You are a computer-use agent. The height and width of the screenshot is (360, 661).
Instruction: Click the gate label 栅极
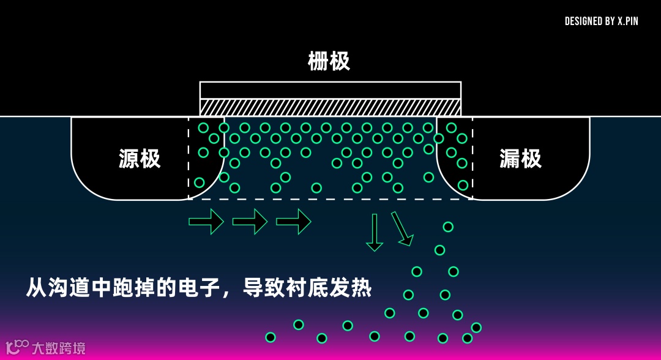coord(329,61)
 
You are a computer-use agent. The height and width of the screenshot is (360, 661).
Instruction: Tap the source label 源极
coord(140,159)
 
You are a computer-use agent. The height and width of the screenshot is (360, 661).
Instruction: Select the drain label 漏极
coord(521,159)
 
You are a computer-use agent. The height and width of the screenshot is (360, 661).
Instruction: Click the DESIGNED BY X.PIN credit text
coord(601,21)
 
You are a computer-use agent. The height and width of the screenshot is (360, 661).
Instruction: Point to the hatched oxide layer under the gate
coord(330,107)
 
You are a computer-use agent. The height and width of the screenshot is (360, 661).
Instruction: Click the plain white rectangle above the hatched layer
coord(330,90)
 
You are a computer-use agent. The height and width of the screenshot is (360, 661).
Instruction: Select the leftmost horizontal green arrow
coord(206,221)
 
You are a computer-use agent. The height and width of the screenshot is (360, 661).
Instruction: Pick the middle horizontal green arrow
coord(250,221)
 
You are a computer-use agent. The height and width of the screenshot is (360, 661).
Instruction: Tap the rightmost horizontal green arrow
coord(294,221)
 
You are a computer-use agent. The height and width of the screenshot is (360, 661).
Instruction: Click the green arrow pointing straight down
coord(375,232)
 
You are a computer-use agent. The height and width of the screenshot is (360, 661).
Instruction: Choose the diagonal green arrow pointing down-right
coord(401,228)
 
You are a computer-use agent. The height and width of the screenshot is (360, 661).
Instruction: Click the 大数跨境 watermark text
coord(59,348)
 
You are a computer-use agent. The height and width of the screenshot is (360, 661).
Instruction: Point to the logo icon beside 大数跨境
coord(17,347)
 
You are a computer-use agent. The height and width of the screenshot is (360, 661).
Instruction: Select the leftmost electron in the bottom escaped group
coord(271,337)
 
